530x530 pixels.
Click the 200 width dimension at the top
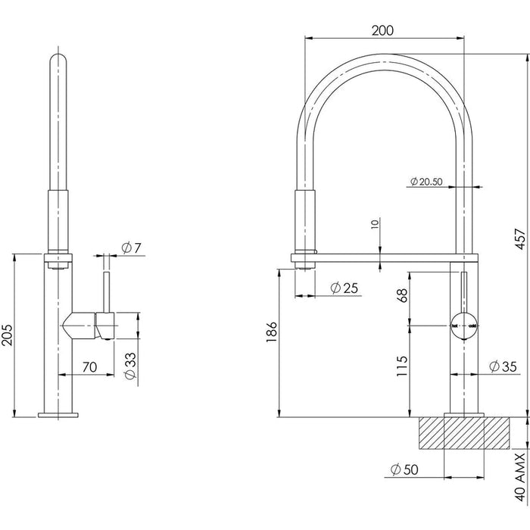pos(383,30)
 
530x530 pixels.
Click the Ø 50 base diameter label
pos(404,469)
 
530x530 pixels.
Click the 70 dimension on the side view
pos(89,367)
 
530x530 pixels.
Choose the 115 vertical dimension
pos(402,369)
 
